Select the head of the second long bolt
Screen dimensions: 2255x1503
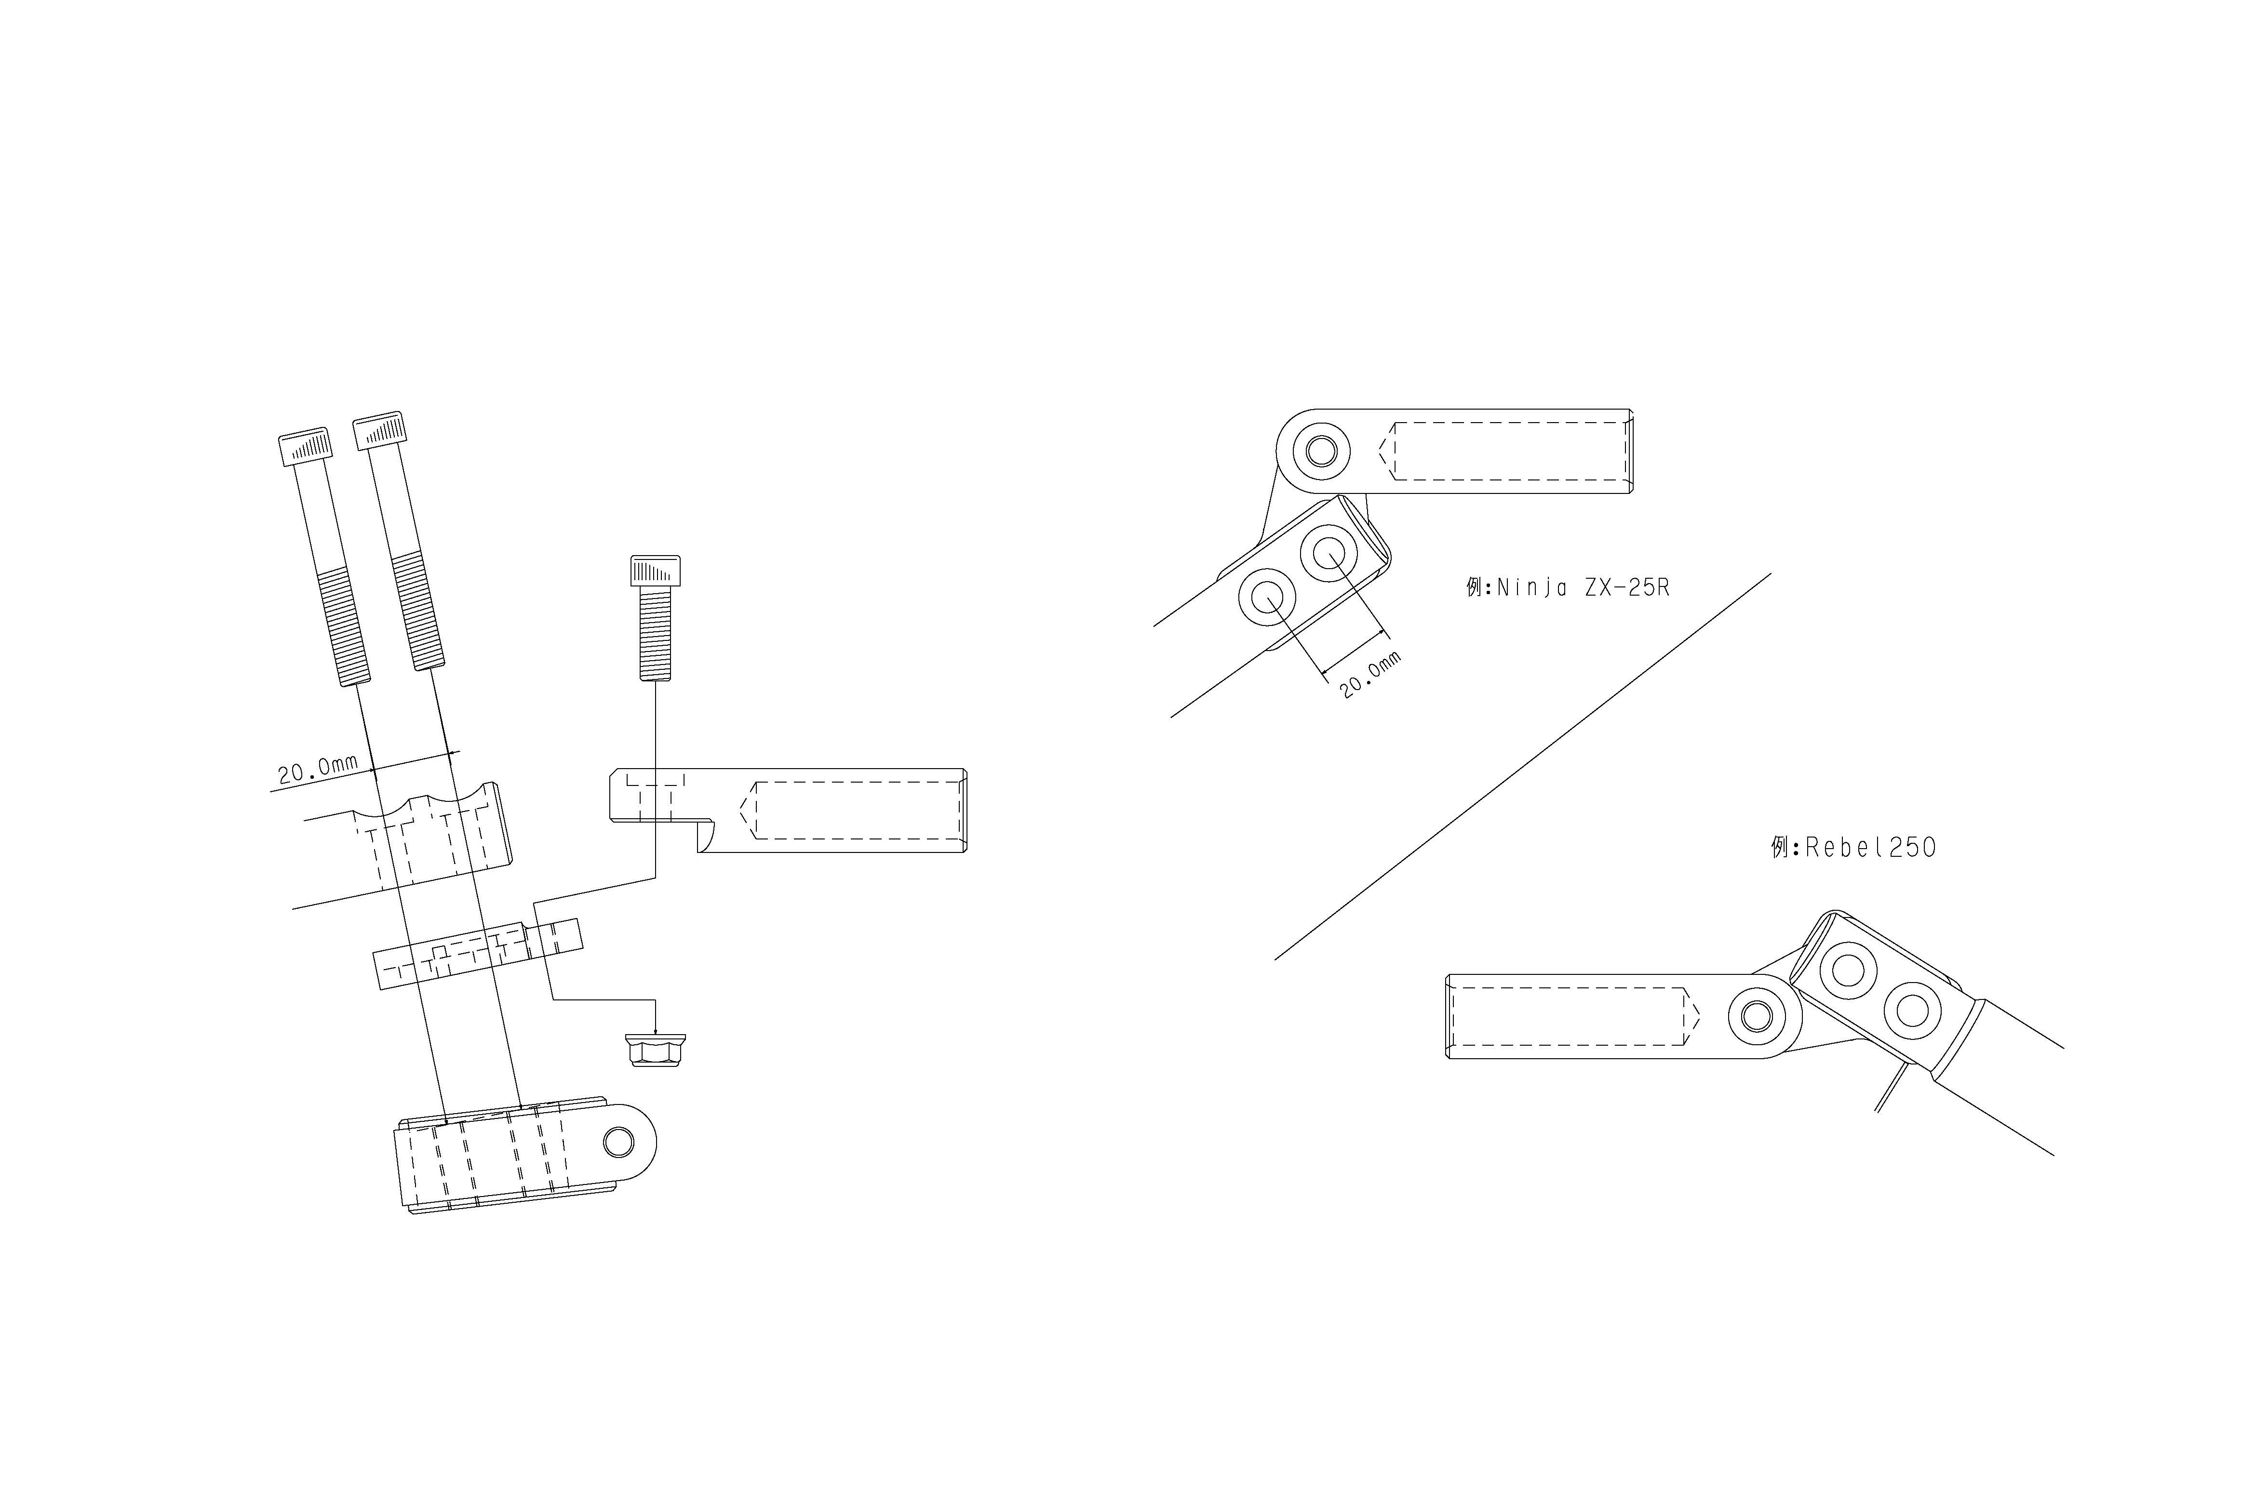coord(380,430)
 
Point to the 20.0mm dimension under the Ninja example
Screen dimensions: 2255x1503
coord(1369,674)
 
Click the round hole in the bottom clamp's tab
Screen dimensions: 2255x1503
coord(618,1143)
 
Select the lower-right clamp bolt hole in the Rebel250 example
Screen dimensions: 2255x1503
coord(1912,1011)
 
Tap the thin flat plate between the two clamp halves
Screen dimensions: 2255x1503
coord(477,954)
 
